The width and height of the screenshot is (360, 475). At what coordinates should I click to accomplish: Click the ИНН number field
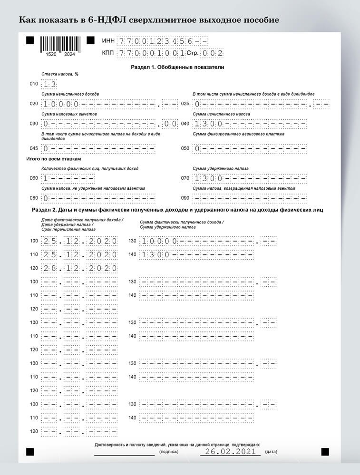pyautogui.click(x=163, y=41)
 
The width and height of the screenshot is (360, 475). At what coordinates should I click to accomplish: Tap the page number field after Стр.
pyautogui.click(x=212, y=53)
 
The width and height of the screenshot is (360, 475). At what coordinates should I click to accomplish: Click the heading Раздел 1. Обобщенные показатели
pyautogui.click(x=177, y=67)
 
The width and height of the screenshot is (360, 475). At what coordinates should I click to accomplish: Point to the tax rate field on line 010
pyautogui.click(x=49, y=84)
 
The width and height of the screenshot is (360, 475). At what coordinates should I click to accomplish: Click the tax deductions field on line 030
pyautogui.click(x=109, y=124)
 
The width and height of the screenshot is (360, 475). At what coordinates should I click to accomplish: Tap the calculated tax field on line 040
pyautogui.click(x=250, y=124)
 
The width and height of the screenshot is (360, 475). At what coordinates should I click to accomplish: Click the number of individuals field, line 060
pyautogui.click(x=68, y=178)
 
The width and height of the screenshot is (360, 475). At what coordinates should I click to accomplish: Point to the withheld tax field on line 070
pyautogui.click(x=250, y=178)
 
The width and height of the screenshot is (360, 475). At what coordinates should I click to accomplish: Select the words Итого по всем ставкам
pyautogui.click(x=54, y=159)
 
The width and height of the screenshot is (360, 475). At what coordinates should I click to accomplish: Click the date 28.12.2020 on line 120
pyautogui.click(x=79, y=268)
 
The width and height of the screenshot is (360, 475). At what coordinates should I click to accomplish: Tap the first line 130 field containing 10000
pyautogui.click(x=208, y=241)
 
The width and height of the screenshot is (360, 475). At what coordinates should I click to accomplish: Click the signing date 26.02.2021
pyautogui.click(x=231, y=451)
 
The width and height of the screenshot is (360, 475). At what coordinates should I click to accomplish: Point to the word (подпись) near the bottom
pyautogui.click(x=169, y=452)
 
